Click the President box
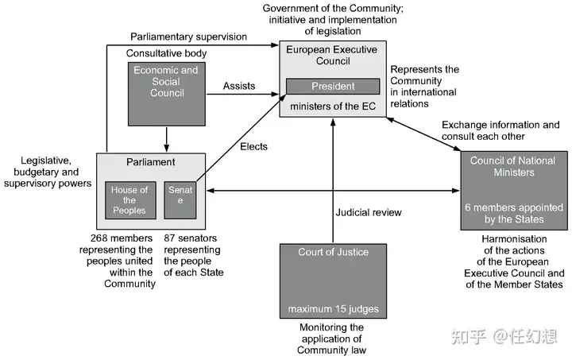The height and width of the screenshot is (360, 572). [333, 86]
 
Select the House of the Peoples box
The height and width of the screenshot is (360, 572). [130, 200]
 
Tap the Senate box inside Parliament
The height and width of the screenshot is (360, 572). [180, 200]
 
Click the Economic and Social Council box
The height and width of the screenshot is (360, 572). [166, 94]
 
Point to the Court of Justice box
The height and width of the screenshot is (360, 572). [333, 281]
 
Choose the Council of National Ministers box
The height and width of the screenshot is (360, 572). [514, 191]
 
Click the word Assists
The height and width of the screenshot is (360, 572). [239, 86]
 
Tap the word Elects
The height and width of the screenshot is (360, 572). [253, 147]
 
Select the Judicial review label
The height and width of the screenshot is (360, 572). [369, 212]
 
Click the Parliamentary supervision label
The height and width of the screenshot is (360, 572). [188, 37]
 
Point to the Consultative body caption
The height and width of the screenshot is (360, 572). [166, 53]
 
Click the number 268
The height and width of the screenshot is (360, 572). [99, 238]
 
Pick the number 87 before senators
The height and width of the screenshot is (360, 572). [169, 238]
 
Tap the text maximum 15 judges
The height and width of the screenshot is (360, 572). [333, 309]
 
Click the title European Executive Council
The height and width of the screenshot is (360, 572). [331, 55]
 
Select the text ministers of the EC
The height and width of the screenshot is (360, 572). [333, 106]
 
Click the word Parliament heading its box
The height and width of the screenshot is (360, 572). [151, 162]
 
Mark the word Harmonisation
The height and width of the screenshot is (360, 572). [514, 239]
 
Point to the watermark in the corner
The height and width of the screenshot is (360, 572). [504, 336]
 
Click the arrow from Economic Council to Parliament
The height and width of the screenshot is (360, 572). [166, 139]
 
